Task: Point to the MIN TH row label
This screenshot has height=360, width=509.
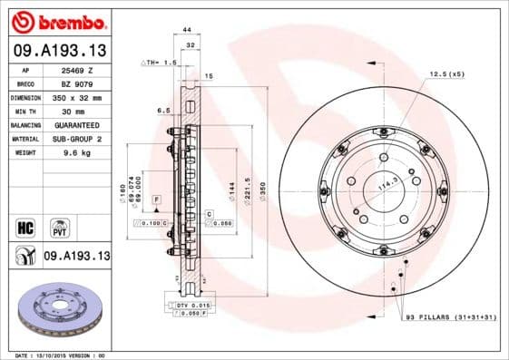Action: pyautogui.click(x=24, y=110)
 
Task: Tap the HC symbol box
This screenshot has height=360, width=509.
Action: pyautogui.click(x=25, y=225)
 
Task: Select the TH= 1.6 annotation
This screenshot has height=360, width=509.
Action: pyautogui.click(x=160, y=63)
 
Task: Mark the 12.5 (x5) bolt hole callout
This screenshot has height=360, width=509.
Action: pyautogui.click(x=446, y=73)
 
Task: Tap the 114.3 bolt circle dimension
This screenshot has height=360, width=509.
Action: pyautogui.click(x=388, y=184)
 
